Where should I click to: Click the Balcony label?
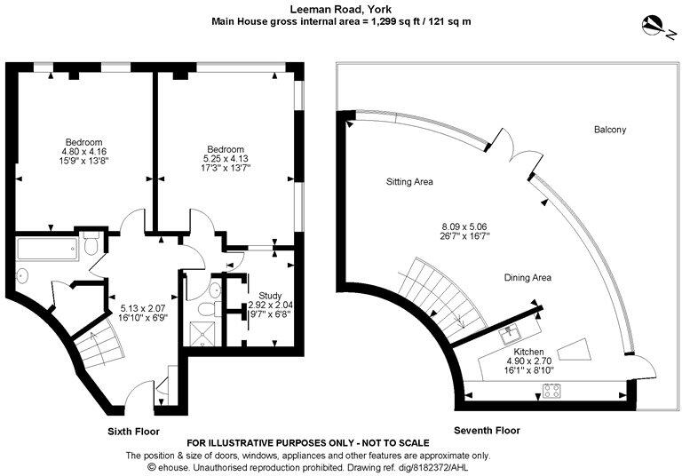pos(610,130)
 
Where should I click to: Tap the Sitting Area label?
pos(409,182)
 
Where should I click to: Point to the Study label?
pos(270,295)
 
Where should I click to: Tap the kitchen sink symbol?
pos(512,335)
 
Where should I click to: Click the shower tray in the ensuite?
pos(202,335)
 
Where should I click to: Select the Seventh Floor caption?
pos(487,431)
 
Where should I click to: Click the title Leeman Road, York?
pos(342,7)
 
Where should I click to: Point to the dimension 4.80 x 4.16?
pos(83,152)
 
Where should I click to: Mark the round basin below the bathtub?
pos(23,274)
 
